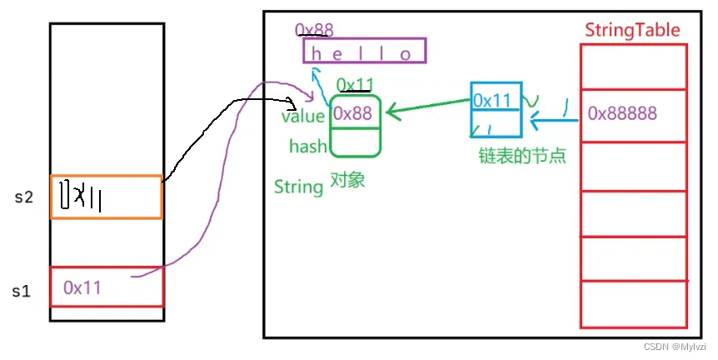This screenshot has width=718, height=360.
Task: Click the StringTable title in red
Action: click(632, 31)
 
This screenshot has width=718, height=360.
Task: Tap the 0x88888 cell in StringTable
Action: click(621, 112)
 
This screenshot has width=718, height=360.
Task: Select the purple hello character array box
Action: click(364, 52)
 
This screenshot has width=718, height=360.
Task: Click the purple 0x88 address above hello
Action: click(314, 31)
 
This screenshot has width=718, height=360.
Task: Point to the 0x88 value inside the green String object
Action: click(354, 114)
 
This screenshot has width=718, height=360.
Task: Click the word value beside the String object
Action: click(303, 117)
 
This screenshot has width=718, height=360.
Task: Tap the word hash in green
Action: click(307, 147)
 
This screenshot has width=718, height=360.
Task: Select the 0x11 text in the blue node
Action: click(492, 100)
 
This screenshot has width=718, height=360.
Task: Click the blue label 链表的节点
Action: click(510, 156)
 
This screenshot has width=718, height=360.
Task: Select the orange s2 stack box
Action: click(106, 197)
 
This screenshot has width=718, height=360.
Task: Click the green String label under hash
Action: click(298, 187)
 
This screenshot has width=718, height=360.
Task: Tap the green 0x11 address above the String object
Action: click(354, 84)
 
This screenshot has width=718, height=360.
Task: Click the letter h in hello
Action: click(316, 54)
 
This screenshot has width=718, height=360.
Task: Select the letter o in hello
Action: click(406, 54)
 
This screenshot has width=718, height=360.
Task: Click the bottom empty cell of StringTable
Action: click(634, 305)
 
